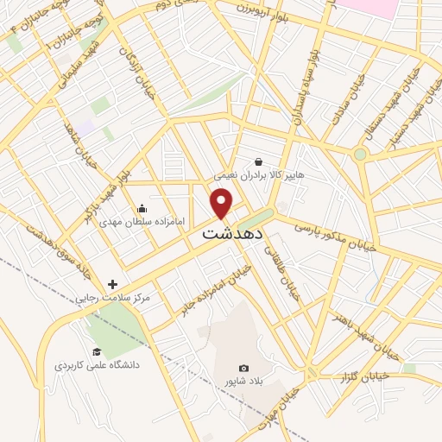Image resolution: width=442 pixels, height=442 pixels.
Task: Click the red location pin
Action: click(222, 203)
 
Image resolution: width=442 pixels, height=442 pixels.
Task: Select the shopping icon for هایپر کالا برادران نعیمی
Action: click(258, 161)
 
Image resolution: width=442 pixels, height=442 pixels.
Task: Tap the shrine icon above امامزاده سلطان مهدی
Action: click(142, 208)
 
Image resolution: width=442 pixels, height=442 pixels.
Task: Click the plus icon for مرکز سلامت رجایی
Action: click(112, 284)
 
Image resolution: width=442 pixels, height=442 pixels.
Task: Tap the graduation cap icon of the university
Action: click(97, 351)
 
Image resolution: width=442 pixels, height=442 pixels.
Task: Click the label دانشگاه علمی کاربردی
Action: click(97, 365)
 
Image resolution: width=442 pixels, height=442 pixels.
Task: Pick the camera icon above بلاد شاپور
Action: click(243, 368)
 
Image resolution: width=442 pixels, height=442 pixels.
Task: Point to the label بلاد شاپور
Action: click(243, 381)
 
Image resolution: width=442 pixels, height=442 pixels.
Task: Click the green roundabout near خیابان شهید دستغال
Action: click(360, 155)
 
